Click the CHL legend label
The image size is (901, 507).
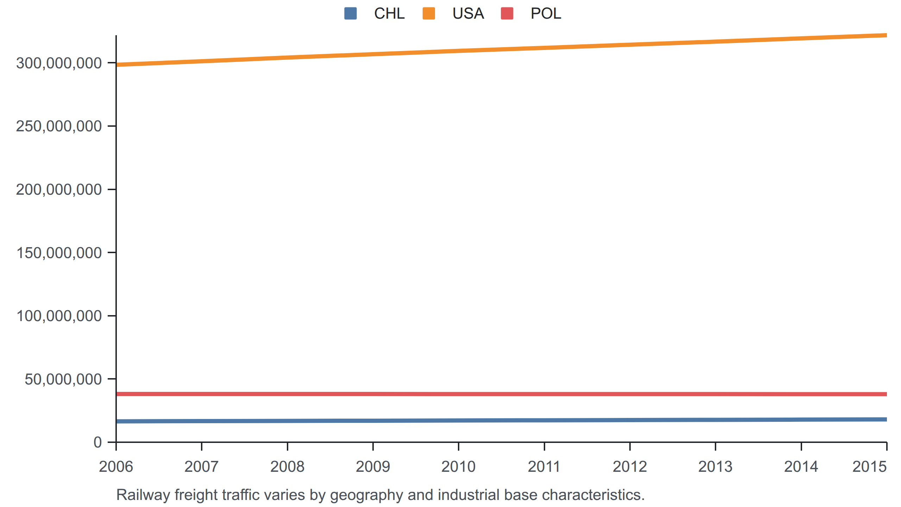389,14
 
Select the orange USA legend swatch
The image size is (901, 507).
429,13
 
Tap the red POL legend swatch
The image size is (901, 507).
507,13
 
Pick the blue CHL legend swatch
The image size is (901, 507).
351,13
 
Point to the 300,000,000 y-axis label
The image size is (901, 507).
59,63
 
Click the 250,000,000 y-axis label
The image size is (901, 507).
59,126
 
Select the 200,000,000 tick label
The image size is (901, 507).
59,190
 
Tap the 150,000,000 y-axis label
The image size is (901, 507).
59,253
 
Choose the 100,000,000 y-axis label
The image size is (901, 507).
59,316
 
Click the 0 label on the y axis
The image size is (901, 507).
98,442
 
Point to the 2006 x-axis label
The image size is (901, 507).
116,467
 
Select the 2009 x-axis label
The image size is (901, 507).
373,467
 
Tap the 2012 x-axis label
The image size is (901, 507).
630,467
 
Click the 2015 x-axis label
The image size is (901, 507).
869,467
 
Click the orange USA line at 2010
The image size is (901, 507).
458,51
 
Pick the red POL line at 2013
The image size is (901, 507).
715,394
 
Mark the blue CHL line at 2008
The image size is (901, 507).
287,421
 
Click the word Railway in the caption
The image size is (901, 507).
143,495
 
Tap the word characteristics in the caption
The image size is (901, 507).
593,495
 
